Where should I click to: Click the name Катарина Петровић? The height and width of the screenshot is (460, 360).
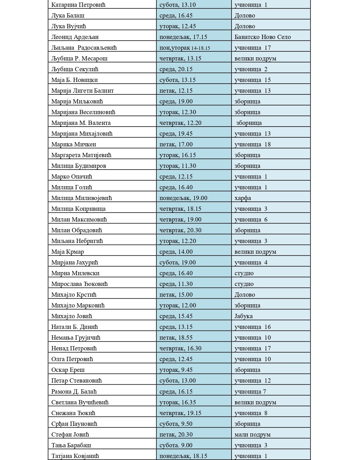(x=78, y=5)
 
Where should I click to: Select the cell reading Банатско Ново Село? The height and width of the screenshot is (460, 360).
(x=263, y=37)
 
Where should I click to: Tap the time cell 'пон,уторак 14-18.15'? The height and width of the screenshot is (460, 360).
(x=185, y=48)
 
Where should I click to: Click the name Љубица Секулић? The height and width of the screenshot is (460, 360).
(x=75, y=69)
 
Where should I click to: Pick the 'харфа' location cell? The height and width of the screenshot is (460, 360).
(x=243, y=198)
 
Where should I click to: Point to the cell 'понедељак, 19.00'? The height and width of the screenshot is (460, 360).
(x=183, y=198)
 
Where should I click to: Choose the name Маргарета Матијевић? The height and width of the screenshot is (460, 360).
(x=81, y=155)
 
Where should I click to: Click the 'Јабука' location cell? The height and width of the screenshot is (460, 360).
(x=243, y=316)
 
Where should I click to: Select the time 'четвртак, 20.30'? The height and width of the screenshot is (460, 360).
(x=180, y=230)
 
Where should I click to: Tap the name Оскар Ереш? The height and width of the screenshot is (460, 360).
(x=68, y=370)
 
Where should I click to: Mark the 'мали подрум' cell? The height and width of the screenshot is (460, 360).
(x=252, y=435)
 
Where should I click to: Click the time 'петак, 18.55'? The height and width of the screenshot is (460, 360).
(x=176, y=338)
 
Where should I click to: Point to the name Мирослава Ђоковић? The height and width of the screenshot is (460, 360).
(x=79, y=284)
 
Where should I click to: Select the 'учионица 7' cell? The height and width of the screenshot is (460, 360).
(x=250, y=392)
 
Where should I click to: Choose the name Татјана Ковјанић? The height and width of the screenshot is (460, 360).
(x=75, y=456)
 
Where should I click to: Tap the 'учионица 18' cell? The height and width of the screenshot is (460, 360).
(x=252, y=144)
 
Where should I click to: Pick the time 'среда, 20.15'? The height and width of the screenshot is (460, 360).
(x=176, y=69)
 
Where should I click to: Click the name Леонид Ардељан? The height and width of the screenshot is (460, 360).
(x=75, y=37)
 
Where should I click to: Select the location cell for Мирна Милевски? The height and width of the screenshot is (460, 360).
(x=244, y=273)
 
